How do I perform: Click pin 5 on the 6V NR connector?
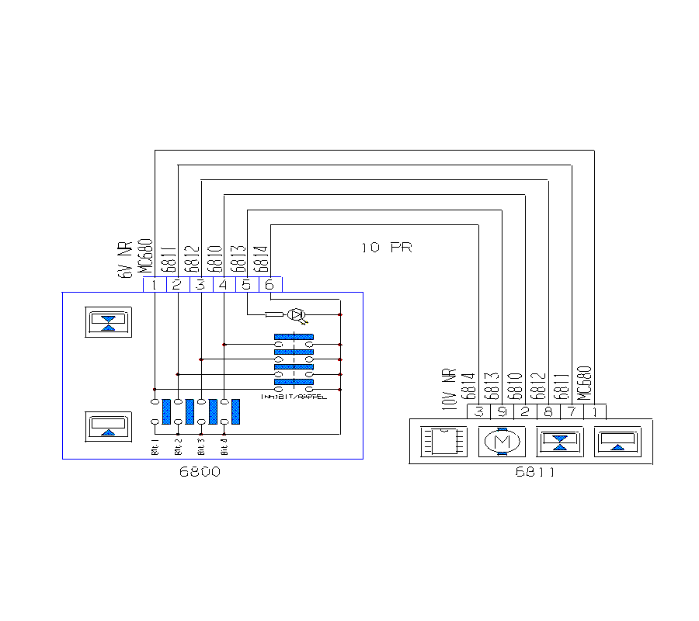pos(247,285)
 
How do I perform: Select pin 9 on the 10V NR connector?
pos(503,412)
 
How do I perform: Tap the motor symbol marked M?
pos(502,442)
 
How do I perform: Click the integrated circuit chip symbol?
pos(444,442)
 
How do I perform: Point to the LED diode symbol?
pos(296,314)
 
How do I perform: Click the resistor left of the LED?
pos(274,314)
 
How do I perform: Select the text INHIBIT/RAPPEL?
pos(294,396)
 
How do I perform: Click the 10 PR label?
pos(386,248)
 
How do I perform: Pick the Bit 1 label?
pos(155,448)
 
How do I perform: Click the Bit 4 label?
pos(224,448)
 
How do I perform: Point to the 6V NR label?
pos(123,260)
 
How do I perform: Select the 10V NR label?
pos(447,387)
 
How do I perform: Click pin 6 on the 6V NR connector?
pos(270,285)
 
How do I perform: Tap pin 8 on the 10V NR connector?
pos(548,412)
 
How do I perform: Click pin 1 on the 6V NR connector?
pos(155,285)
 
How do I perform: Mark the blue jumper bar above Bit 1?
pos(166,411)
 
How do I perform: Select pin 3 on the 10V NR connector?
pos(479,412)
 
